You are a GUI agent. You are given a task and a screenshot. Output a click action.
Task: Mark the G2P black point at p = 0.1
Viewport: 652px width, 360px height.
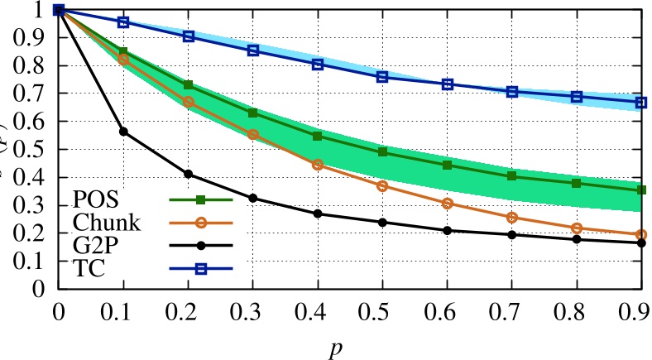tap(123, 132)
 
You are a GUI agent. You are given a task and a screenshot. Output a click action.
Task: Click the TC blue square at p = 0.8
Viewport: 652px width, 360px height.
tap(578, 97)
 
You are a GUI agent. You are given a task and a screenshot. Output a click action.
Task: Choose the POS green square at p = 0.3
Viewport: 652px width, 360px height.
tap(253, 113)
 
